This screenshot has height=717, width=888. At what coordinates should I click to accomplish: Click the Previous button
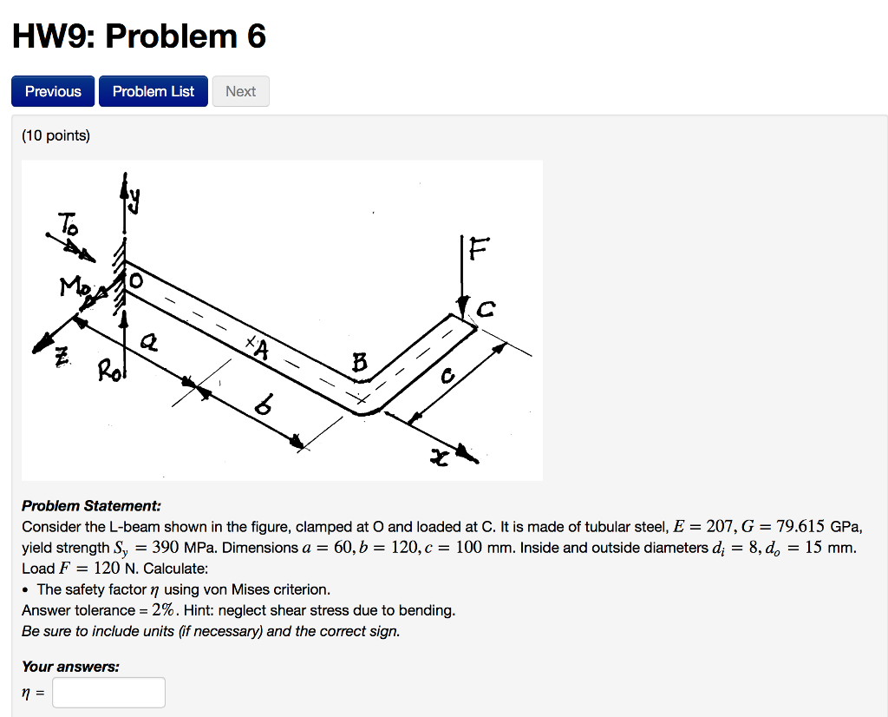(x=53, y=91)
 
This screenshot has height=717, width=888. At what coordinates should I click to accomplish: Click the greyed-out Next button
(x=240, y=91)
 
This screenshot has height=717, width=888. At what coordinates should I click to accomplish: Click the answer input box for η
(x=108, y=692)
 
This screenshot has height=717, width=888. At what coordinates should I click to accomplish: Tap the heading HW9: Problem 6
(x=139, y=36)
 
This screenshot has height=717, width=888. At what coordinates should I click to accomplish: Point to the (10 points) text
(x=55, y=135)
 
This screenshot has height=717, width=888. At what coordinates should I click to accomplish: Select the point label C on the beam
(x=486, y=308)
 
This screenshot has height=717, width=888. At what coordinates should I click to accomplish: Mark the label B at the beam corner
(x=359, y=365)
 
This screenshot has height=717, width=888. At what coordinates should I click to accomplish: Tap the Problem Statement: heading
(x=91, y=505)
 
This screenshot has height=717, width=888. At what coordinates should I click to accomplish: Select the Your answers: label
(x=70, y=667)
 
